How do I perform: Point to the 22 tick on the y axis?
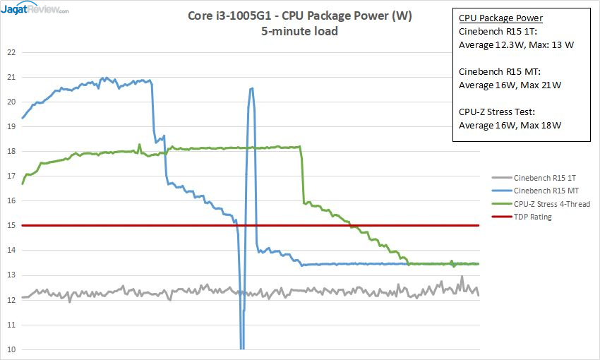10,52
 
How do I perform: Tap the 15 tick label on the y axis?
10,225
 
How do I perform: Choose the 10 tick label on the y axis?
10,349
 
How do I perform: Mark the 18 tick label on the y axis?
10,151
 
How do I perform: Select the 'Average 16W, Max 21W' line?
505,85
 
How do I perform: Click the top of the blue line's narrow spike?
251,88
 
